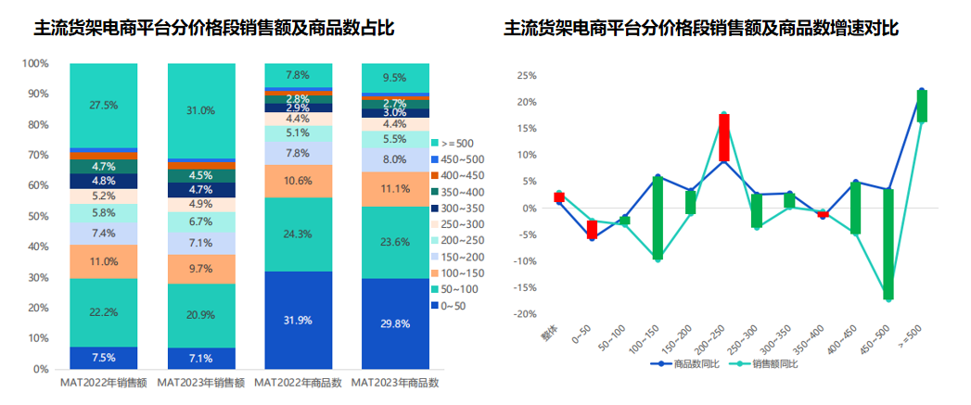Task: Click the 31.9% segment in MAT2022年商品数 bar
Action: coord(298,320)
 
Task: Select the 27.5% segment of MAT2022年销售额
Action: coord(103,105)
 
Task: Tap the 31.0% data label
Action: coord(200,110)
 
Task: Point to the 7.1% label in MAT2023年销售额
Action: coord(200,358)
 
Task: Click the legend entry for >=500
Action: coord(459,143)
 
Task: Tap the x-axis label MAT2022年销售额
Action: coord(103,382)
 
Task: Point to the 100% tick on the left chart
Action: coord(35,63)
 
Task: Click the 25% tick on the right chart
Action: coord(526,75)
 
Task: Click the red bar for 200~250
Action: coord(723,138)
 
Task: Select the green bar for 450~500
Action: coord(888,243)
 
